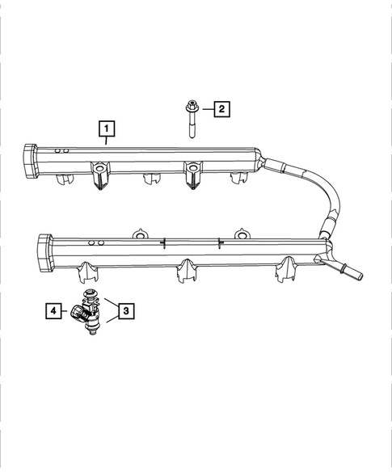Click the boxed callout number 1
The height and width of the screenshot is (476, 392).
click(106, 128)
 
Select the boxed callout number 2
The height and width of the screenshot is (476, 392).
click(221, 107)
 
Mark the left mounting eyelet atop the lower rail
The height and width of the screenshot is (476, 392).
click(139, 234)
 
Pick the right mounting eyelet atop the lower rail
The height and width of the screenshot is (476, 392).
click(240, 234)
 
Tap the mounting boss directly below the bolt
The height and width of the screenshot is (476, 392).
click(193, 177)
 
